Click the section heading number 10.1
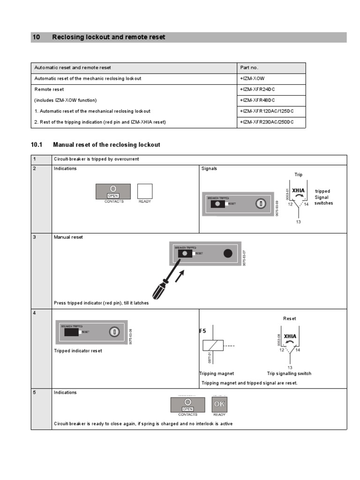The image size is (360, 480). (37, 145)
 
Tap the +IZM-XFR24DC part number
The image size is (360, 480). (257, 90)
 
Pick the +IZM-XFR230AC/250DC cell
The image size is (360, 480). (266, 122)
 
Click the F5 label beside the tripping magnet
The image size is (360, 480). (203, 331)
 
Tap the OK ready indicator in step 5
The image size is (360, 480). (219, 404)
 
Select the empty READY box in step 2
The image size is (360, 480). (145, 191)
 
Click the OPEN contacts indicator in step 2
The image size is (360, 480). (113, 191)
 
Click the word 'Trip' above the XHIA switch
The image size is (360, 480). (298, 175)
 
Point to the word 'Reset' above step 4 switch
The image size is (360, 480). (290, 319)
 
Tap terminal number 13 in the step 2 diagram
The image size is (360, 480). (298, 222)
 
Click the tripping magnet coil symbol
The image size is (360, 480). (212, 345)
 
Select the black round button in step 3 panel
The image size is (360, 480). (228, 253)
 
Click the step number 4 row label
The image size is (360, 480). (35, 313)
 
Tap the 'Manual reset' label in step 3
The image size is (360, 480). (68, 237)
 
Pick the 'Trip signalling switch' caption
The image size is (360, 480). (289, 374)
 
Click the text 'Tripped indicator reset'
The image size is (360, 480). (78, 351)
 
